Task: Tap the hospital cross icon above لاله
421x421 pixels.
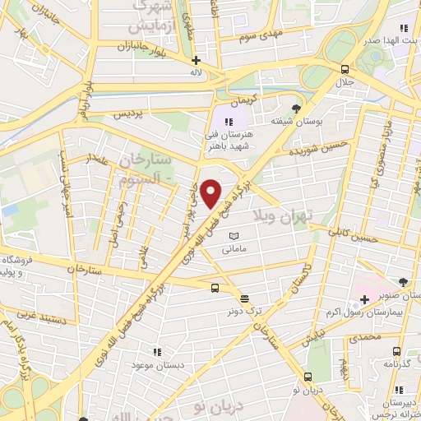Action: (x=196, y=60)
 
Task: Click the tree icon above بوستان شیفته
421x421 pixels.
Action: (x=297, y=108)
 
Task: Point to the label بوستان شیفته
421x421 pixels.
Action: (x=297, y=122)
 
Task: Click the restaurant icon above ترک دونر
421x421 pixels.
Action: (x=244, y=297)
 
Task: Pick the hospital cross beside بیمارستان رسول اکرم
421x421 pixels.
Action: (x=363, y=311)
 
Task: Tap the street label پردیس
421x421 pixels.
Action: (x=132, y=112)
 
